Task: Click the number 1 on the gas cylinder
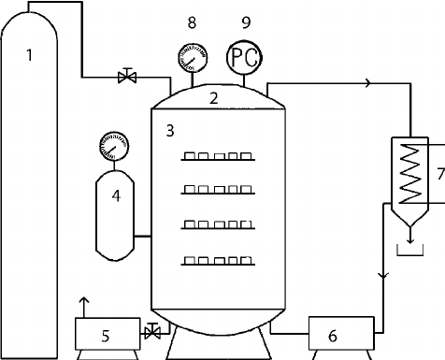click(x=29, y=56)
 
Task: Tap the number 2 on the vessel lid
click(x=213, y=97)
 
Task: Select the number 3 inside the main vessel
click(x=169, y=132)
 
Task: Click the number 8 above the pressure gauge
click(x=191, y=23)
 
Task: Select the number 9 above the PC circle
click(x=245, y=23)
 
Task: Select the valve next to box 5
click(x=152, y=329)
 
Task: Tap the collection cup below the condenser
click(x=409, y=250)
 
